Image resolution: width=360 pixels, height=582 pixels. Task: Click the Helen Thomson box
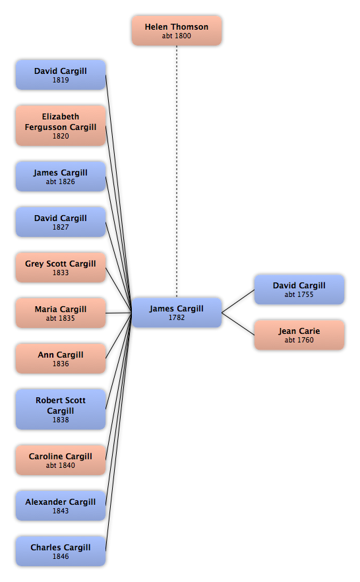177,30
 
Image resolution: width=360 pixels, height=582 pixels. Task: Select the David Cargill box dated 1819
61,75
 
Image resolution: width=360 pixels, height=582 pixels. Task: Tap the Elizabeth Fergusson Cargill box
61,125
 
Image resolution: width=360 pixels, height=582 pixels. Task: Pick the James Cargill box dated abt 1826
61,176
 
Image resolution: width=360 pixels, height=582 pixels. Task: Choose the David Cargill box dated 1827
61,222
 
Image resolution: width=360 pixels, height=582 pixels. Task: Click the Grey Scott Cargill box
61,267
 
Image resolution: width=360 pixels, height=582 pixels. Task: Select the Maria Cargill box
61,313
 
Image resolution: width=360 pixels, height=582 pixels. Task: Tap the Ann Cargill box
61,358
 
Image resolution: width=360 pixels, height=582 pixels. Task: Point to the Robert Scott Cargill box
61,409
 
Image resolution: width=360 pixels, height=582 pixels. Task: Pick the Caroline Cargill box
61,461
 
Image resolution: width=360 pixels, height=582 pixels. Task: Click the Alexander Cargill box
61,505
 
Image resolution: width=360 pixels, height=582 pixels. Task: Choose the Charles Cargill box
61,551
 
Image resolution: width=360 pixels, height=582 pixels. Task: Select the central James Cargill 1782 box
177,313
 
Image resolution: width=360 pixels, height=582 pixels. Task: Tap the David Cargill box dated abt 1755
299,290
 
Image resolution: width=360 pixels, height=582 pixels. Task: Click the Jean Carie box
299,335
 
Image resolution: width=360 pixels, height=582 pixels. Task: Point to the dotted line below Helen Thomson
177,172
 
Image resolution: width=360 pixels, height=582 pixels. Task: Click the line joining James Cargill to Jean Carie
238,324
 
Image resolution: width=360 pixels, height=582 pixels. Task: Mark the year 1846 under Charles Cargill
61,556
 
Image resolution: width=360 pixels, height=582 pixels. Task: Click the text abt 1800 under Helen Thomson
177,36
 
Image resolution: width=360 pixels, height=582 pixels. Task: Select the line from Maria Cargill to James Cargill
119,313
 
